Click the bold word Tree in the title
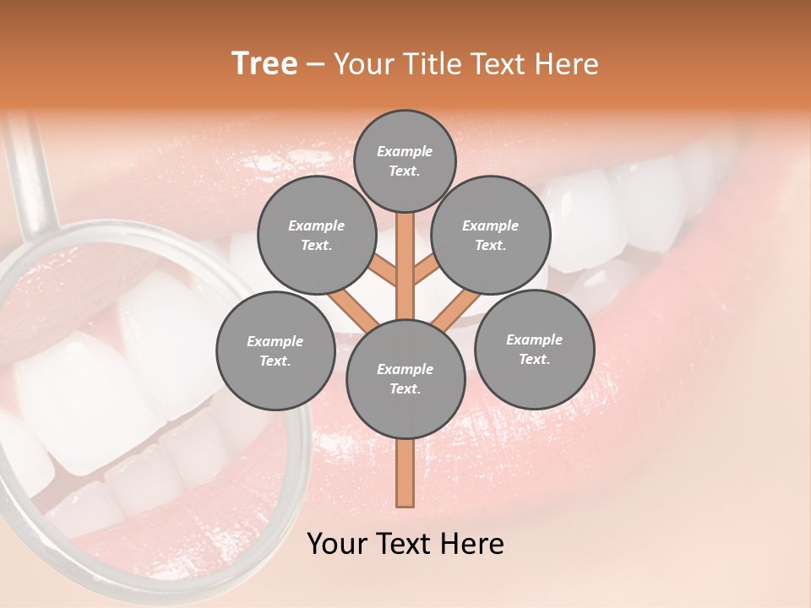pyautogui.click(x=264, y=63)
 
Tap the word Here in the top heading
pyautogui.click(x=569, y=63)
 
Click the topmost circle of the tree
pyautogui.click(x=405, y=160)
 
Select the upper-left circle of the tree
pyautogui.click(x=317, y=235)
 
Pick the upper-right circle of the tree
pyautogui.click(x=491, y=235)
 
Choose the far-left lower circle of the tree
pyautogui.click(x=275, y=350)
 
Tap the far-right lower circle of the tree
pyautogui.click(x=534, y=349)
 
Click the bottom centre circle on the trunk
pyautogui.click(x=405, y=378)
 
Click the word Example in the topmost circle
pyautogui.click(x=405, y=151)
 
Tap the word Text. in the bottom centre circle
pyautogui.click(x=405, y=389)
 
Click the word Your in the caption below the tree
pyautogui.click(x=336, y=544)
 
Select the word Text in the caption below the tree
pyautogui.click(x=404, y=544)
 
